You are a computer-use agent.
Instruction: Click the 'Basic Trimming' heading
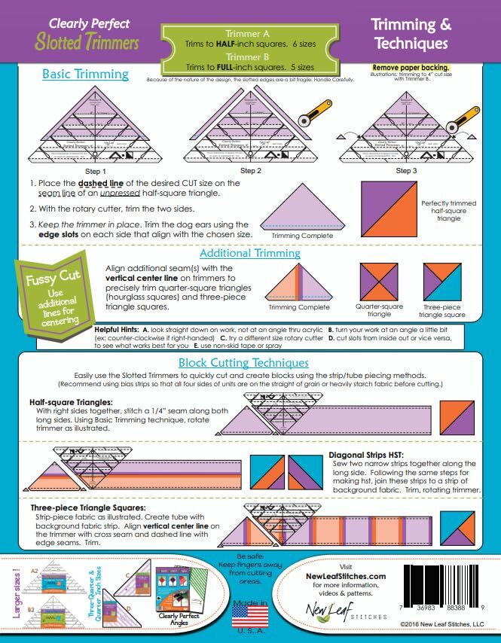coord(85,75)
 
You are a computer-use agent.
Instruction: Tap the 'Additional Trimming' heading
coord(250,253)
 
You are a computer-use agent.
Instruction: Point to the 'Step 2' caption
coord(249,171)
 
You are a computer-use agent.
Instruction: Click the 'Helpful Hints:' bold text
coord(119,330)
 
